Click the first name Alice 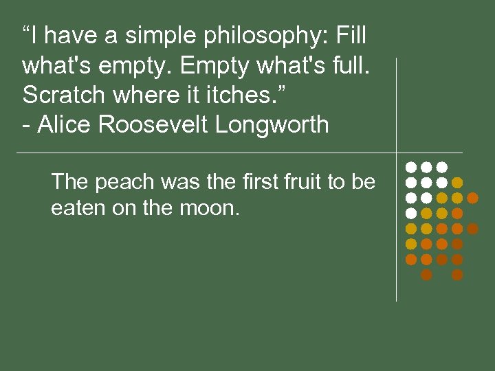click(63, 125)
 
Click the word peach click(118, 183)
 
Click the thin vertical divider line click(397, 227)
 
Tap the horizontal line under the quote click(206, 152)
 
